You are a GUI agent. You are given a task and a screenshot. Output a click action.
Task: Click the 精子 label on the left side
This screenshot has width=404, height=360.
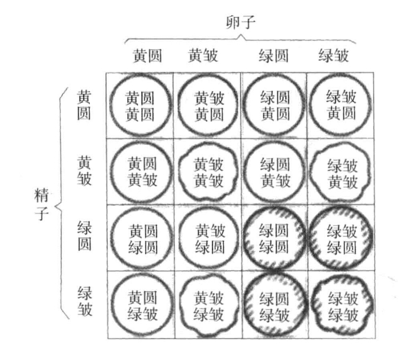42,204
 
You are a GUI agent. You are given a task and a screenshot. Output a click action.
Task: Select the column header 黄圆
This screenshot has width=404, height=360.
147,55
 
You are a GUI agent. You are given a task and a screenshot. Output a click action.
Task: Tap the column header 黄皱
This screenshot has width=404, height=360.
203,55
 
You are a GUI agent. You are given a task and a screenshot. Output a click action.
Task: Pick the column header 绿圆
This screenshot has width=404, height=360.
273,55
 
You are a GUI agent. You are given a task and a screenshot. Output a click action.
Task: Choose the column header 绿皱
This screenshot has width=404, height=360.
334,55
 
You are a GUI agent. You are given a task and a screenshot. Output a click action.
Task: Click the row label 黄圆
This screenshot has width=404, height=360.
84,105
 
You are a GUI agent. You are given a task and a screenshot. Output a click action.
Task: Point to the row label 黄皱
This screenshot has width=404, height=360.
84,170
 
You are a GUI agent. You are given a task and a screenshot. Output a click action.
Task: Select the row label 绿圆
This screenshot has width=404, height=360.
85,236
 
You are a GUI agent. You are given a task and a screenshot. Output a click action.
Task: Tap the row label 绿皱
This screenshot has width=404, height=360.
85,301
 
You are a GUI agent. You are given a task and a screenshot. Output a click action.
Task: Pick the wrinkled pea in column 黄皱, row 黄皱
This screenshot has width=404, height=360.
179,171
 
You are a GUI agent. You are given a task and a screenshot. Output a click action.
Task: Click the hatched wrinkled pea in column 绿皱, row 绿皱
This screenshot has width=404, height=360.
312,304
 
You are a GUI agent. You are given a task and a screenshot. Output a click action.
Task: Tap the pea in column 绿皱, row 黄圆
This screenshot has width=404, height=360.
310,105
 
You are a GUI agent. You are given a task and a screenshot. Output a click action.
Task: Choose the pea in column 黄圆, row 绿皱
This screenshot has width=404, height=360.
111,304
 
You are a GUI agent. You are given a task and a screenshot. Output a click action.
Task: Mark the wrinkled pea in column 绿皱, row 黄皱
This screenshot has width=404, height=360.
310,171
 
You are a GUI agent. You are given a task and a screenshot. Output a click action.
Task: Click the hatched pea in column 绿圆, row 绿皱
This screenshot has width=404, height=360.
244,304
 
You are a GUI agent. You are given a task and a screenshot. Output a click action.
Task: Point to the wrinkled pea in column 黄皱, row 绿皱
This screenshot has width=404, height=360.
180,305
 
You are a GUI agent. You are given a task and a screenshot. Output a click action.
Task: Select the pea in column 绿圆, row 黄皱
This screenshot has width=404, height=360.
244,171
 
